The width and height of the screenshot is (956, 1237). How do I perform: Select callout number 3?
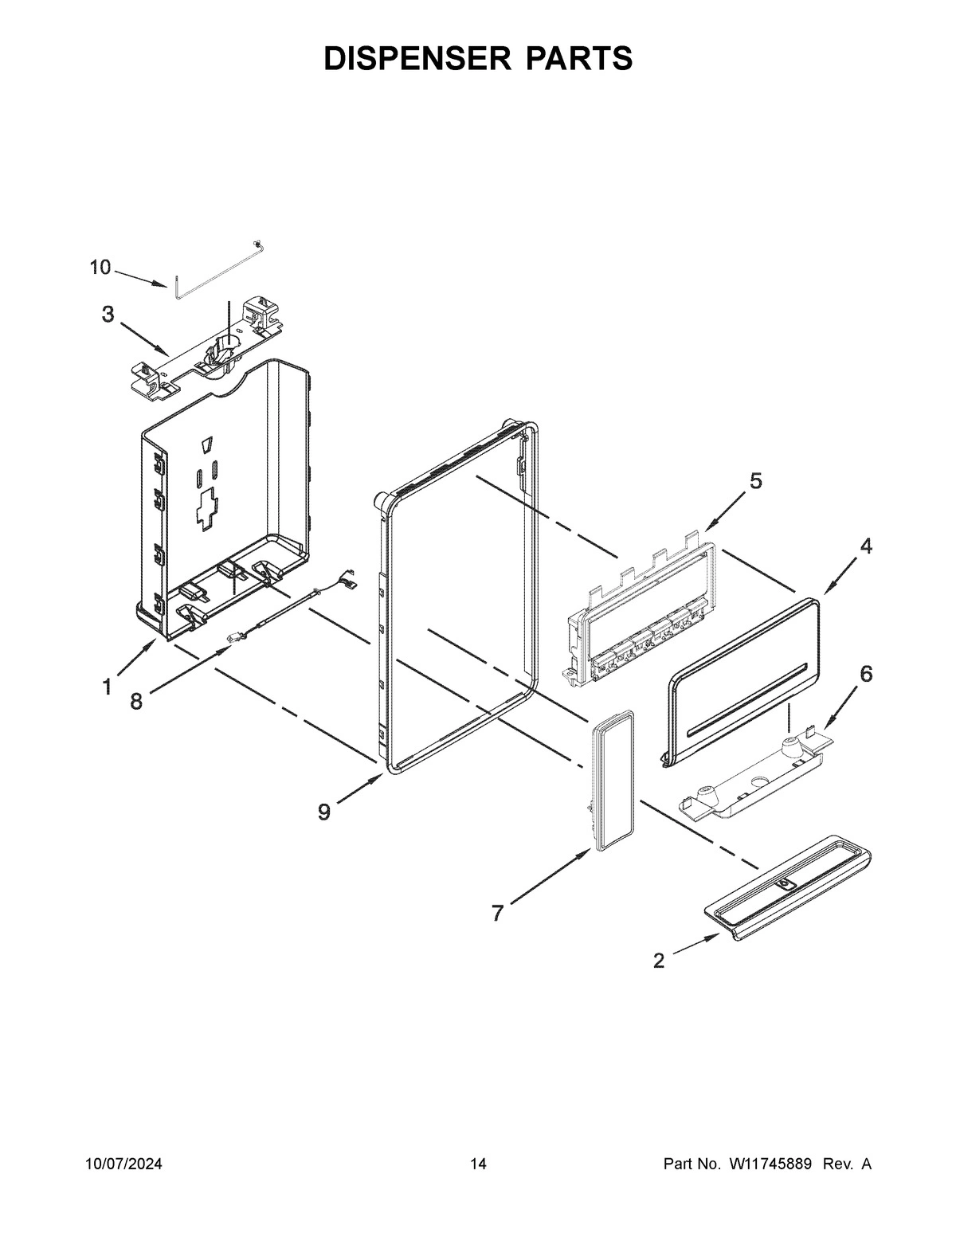108,314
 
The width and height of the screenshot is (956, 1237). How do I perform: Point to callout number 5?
755,480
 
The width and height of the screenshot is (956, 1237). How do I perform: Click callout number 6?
865,673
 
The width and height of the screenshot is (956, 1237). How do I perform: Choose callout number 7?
498,913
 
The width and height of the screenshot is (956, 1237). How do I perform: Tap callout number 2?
658,961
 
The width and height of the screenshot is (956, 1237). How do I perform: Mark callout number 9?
323,812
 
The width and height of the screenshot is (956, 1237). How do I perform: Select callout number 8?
136,701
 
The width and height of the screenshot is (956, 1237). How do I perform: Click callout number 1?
106,687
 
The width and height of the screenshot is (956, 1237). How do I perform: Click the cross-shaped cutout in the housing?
209,507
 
